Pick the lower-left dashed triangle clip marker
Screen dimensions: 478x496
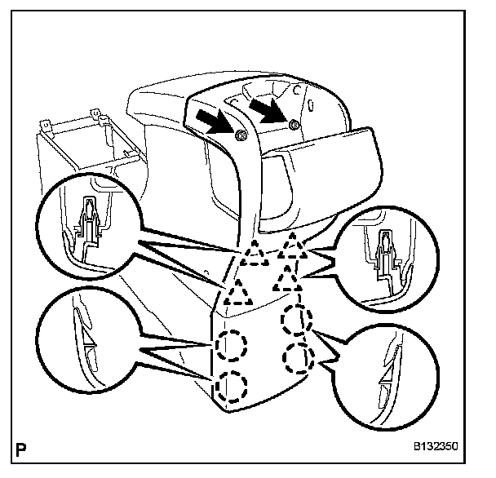pyautogui.click(x=237, y=290)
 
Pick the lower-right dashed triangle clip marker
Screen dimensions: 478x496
pyautogui.click(x=286, y=283)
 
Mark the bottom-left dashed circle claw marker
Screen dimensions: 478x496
pyautogui.click(x=232, y=385)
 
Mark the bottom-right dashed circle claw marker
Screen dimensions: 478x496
pyautogui.click(x=299, y=356)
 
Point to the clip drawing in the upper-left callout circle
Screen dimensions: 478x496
pyautogui.click(x=87, y=229)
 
